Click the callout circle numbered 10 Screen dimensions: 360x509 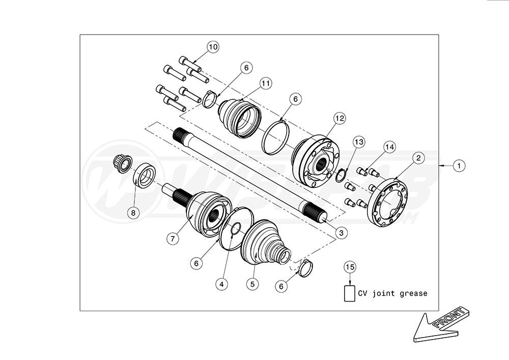pyautogui.click(x=213, y=47)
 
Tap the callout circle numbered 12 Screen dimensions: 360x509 pyautogui.click(x=340, y=118)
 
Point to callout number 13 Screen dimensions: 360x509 pyautogui.click(x=359, y=141)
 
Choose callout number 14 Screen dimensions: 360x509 pyautogui.click(x=389, y=147)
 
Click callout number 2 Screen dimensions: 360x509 pyautogui.click(x=417, y=158)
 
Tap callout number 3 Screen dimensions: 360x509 pyautogui.click(x=341, y=232)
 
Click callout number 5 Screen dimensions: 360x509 pyautogui.click(x=253, y=284)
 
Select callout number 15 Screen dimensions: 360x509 pyautogui.click(x=350, y=267)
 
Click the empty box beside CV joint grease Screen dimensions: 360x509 pyautogui.click(x=350, y=294)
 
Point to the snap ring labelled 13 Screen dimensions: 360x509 pyautogui.click(x=342, y=176)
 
